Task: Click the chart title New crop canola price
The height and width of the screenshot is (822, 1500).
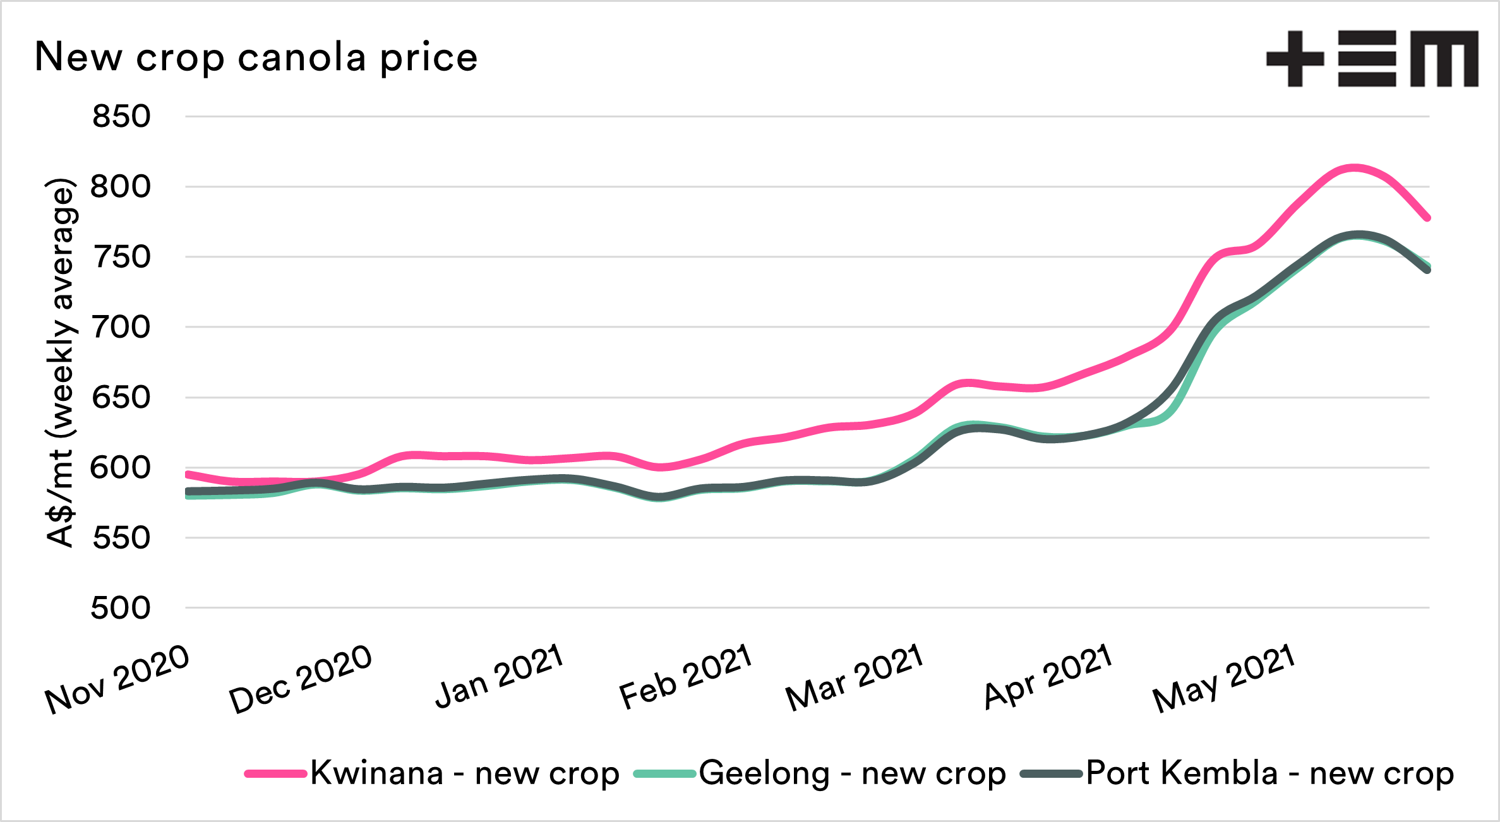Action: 256,57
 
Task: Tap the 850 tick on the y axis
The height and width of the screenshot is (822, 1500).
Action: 121,117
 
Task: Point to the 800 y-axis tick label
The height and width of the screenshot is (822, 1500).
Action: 121,187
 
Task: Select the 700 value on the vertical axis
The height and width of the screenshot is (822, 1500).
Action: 121,328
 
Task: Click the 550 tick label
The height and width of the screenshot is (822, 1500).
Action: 121,538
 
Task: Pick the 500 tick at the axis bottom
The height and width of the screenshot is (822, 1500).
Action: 121,609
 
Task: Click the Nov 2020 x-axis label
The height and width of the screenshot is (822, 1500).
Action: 117,680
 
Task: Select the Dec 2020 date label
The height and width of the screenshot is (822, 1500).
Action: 301,680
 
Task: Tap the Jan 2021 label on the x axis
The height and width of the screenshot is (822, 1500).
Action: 500,677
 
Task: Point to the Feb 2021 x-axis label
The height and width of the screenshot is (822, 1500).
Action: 686,677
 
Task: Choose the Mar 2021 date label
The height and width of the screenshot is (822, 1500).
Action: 855,679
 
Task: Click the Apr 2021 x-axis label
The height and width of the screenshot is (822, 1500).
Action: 1048,677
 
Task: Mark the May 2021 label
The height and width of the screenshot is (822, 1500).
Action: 1224,679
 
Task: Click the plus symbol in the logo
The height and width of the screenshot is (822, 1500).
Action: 1295,59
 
